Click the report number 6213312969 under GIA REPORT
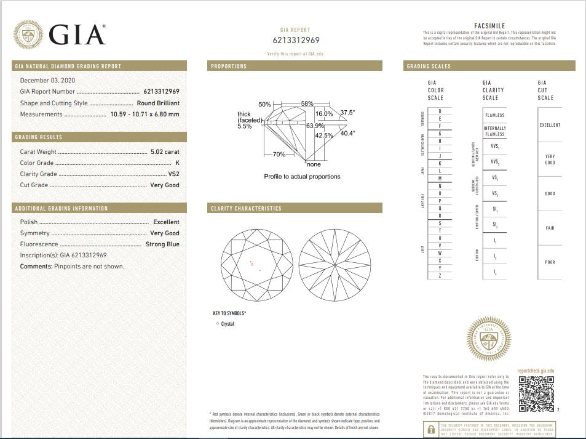[296, 41]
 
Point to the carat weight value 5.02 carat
[165, 151]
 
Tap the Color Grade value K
[177, 163]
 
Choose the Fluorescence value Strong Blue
[162, 244]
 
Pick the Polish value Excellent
[166, 222]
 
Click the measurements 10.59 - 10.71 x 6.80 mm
[145, 115]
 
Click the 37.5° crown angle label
[348, 113]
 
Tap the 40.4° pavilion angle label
[347, 133]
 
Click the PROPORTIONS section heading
[229, 66]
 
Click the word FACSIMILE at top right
[489, 26]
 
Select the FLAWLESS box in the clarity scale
[494, 115]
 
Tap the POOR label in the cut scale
[550, 262]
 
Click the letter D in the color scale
[440, 111]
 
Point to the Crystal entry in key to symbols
[228, 324]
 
